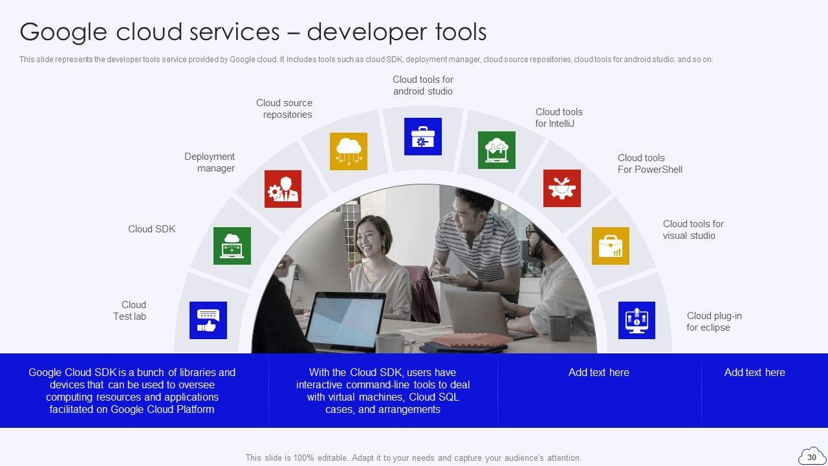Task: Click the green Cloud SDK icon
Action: (x=232, y=246)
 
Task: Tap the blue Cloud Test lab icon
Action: (x=208, y=320)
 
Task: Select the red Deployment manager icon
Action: (x=283, y=188)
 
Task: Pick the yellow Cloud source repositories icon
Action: (x=349, y=151)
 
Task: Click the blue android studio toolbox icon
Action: (x=423, y=137)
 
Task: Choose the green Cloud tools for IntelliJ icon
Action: (x=496, y=150)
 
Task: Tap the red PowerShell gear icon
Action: (x=562, y=188)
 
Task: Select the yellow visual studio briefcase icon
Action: (x=610, y=246)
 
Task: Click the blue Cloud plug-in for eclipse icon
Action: (x=637, y=320)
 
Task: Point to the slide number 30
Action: (x=811, y=458)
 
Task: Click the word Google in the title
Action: (x=63, y=32)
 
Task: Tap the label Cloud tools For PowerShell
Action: (x=650, y=164)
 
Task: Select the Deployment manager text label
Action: (x=209, y=162)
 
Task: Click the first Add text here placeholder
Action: (x=599, y=372)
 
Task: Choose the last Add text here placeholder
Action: (x=754, y=372)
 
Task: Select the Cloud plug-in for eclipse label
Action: (x=714, y=322)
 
